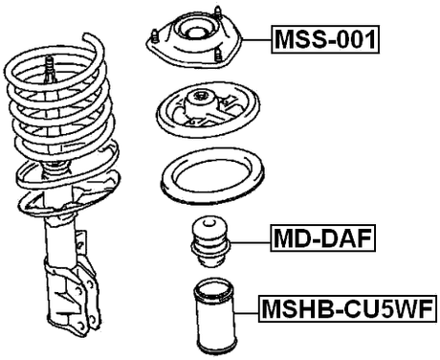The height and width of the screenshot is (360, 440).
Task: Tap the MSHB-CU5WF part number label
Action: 347,309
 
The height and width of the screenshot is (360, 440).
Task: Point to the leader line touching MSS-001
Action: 253,39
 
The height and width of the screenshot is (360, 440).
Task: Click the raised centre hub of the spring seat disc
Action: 202,99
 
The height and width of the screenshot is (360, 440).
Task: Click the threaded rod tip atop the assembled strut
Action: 47,67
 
